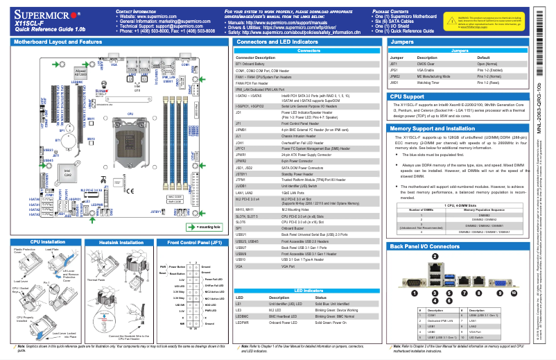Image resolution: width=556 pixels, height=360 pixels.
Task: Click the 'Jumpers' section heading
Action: (x=403, y=42)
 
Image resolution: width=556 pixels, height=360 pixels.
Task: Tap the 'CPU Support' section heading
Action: (x=408, y=96)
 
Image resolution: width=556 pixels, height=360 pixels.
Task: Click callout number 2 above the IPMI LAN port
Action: (x=434, y=256)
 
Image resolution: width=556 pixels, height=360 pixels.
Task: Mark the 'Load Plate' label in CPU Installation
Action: (x=52, y=248)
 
